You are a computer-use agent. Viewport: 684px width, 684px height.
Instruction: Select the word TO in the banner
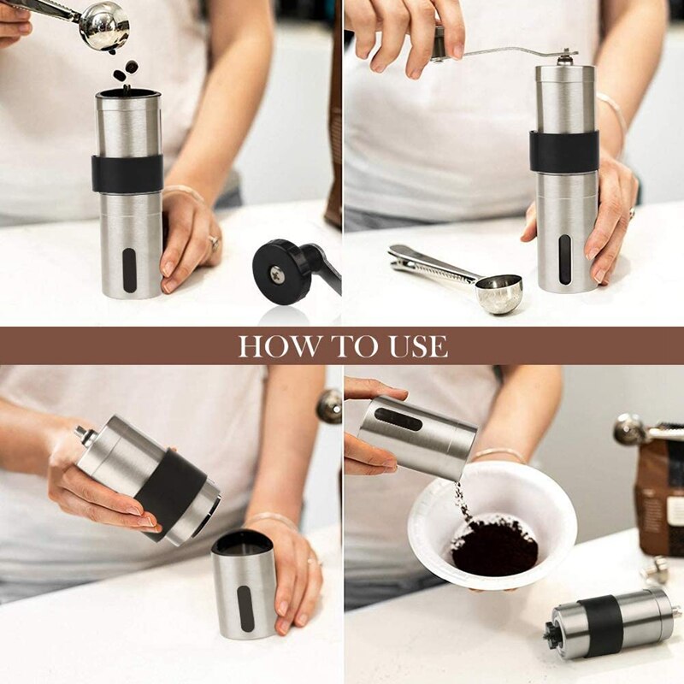pos(345,346)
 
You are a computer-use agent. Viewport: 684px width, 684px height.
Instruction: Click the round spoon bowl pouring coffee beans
pos(104,26)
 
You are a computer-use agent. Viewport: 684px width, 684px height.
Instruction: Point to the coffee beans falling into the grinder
pos(126,71)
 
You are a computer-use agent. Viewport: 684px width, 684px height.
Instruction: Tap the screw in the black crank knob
pos(277,274)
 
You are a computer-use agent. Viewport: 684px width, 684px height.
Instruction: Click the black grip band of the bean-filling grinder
pos(127,174)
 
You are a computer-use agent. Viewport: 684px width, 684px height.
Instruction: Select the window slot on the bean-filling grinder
pos(128,270)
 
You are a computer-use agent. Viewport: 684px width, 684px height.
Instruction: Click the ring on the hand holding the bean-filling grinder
pos(213,245)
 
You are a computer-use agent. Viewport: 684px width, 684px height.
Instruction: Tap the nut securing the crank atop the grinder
pos(564,58)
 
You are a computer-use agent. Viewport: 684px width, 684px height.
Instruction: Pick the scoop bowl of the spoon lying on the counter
pos(498,294)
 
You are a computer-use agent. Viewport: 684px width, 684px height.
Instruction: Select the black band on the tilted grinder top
pos(171,488)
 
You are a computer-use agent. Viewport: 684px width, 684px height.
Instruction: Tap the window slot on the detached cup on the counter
pos(245,608)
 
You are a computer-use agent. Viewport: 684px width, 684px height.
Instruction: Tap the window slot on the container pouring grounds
pos(398,419)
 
